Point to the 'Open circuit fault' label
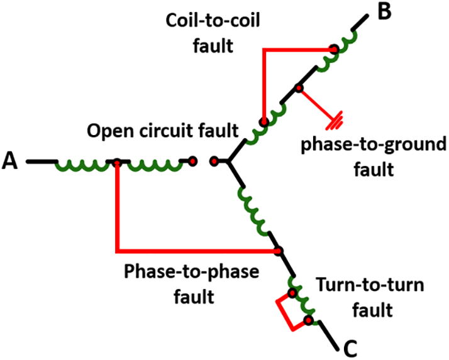pyautogui.click(x=163, y=132)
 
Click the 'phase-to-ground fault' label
pyautogui.click(x=373, y=157)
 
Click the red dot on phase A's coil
pyautogui.click(x=116, y=163)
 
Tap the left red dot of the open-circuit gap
pyautogui.click(x=192, y=161)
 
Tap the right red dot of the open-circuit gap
pyautogui.click(x=214, y=162)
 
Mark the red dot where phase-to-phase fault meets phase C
pyautogui.click(x=277, y=251)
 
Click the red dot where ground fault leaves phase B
pyautogui.click(x=299, y=88)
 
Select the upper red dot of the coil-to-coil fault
pyautogui.click(x=335, y=48)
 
